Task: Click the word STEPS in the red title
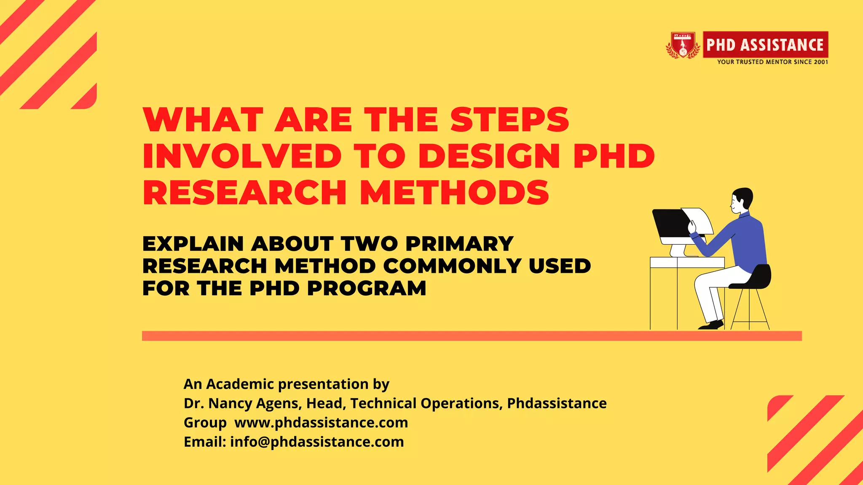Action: click(x=509, y=120)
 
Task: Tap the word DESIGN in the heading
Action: click(x=489, y=156)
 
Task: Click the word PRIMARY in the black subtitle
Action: click(x=459, y=244)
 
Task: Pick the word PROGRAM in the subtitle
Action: click(x=367, y=288)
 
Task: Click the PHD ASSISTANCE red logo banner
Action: click(x=765, y=45)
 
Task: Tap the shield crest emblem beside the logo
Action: click(x=683, y=45)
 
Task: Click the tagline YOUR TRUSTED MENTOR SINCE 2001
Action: click(x=772, y=62)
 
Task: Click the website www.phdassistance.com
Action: click(x=321, y=423)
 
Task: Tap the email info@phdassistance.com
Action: click(x=317, y=442)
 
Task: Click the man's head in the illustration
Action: click(x=742, y=200)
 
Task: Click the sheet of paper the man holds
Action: click(x=700, y=220)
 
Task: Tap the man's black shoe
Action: click(x=712, y=325)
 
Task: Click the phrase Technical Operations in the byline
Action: click(x=426, y=403)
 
